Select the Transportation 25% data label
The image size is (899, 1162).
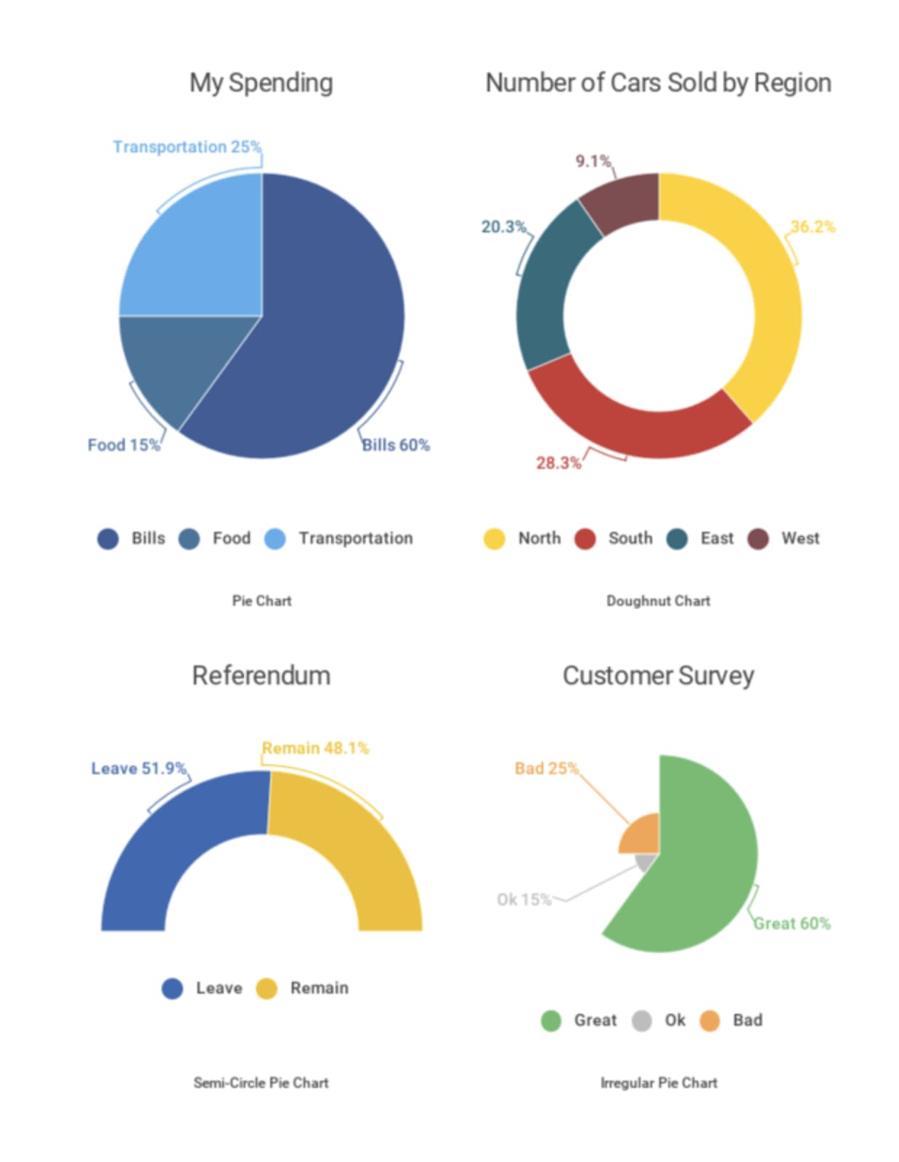click(x=187, y=147)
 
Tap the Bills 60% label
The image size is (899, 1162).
click(x=396, y=444)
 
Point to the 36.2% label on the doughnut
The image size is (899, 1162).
click(x=813, y=227)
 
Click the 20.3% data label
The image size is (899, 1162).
click(x=503, y=227)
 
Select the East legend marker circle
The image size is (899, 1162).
click(x=677, y=539)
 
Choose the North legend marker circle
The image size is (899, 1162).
click(x=495, y=539)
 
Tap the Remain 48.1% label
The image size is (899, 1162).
click(x=315, y=748)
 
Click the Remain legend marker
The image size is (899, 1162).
click(x=267, y=988)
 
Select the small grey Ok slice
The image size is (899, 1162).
click(x=646, y=862)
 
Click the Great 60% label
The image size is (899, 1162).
click(x=792, y=923)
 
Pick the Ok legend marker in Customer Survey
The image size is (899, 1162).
click(x=642, y=1020)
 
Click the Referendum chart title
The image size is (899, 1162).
click(x=261, y=675)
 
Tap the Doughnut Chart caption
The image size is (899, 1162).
click(x=658, y=601)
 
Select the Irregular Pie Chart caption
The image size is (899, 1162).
click(x=659, y=1082)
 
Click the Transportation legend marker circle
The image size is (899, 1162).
click(x=275, y=539)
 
